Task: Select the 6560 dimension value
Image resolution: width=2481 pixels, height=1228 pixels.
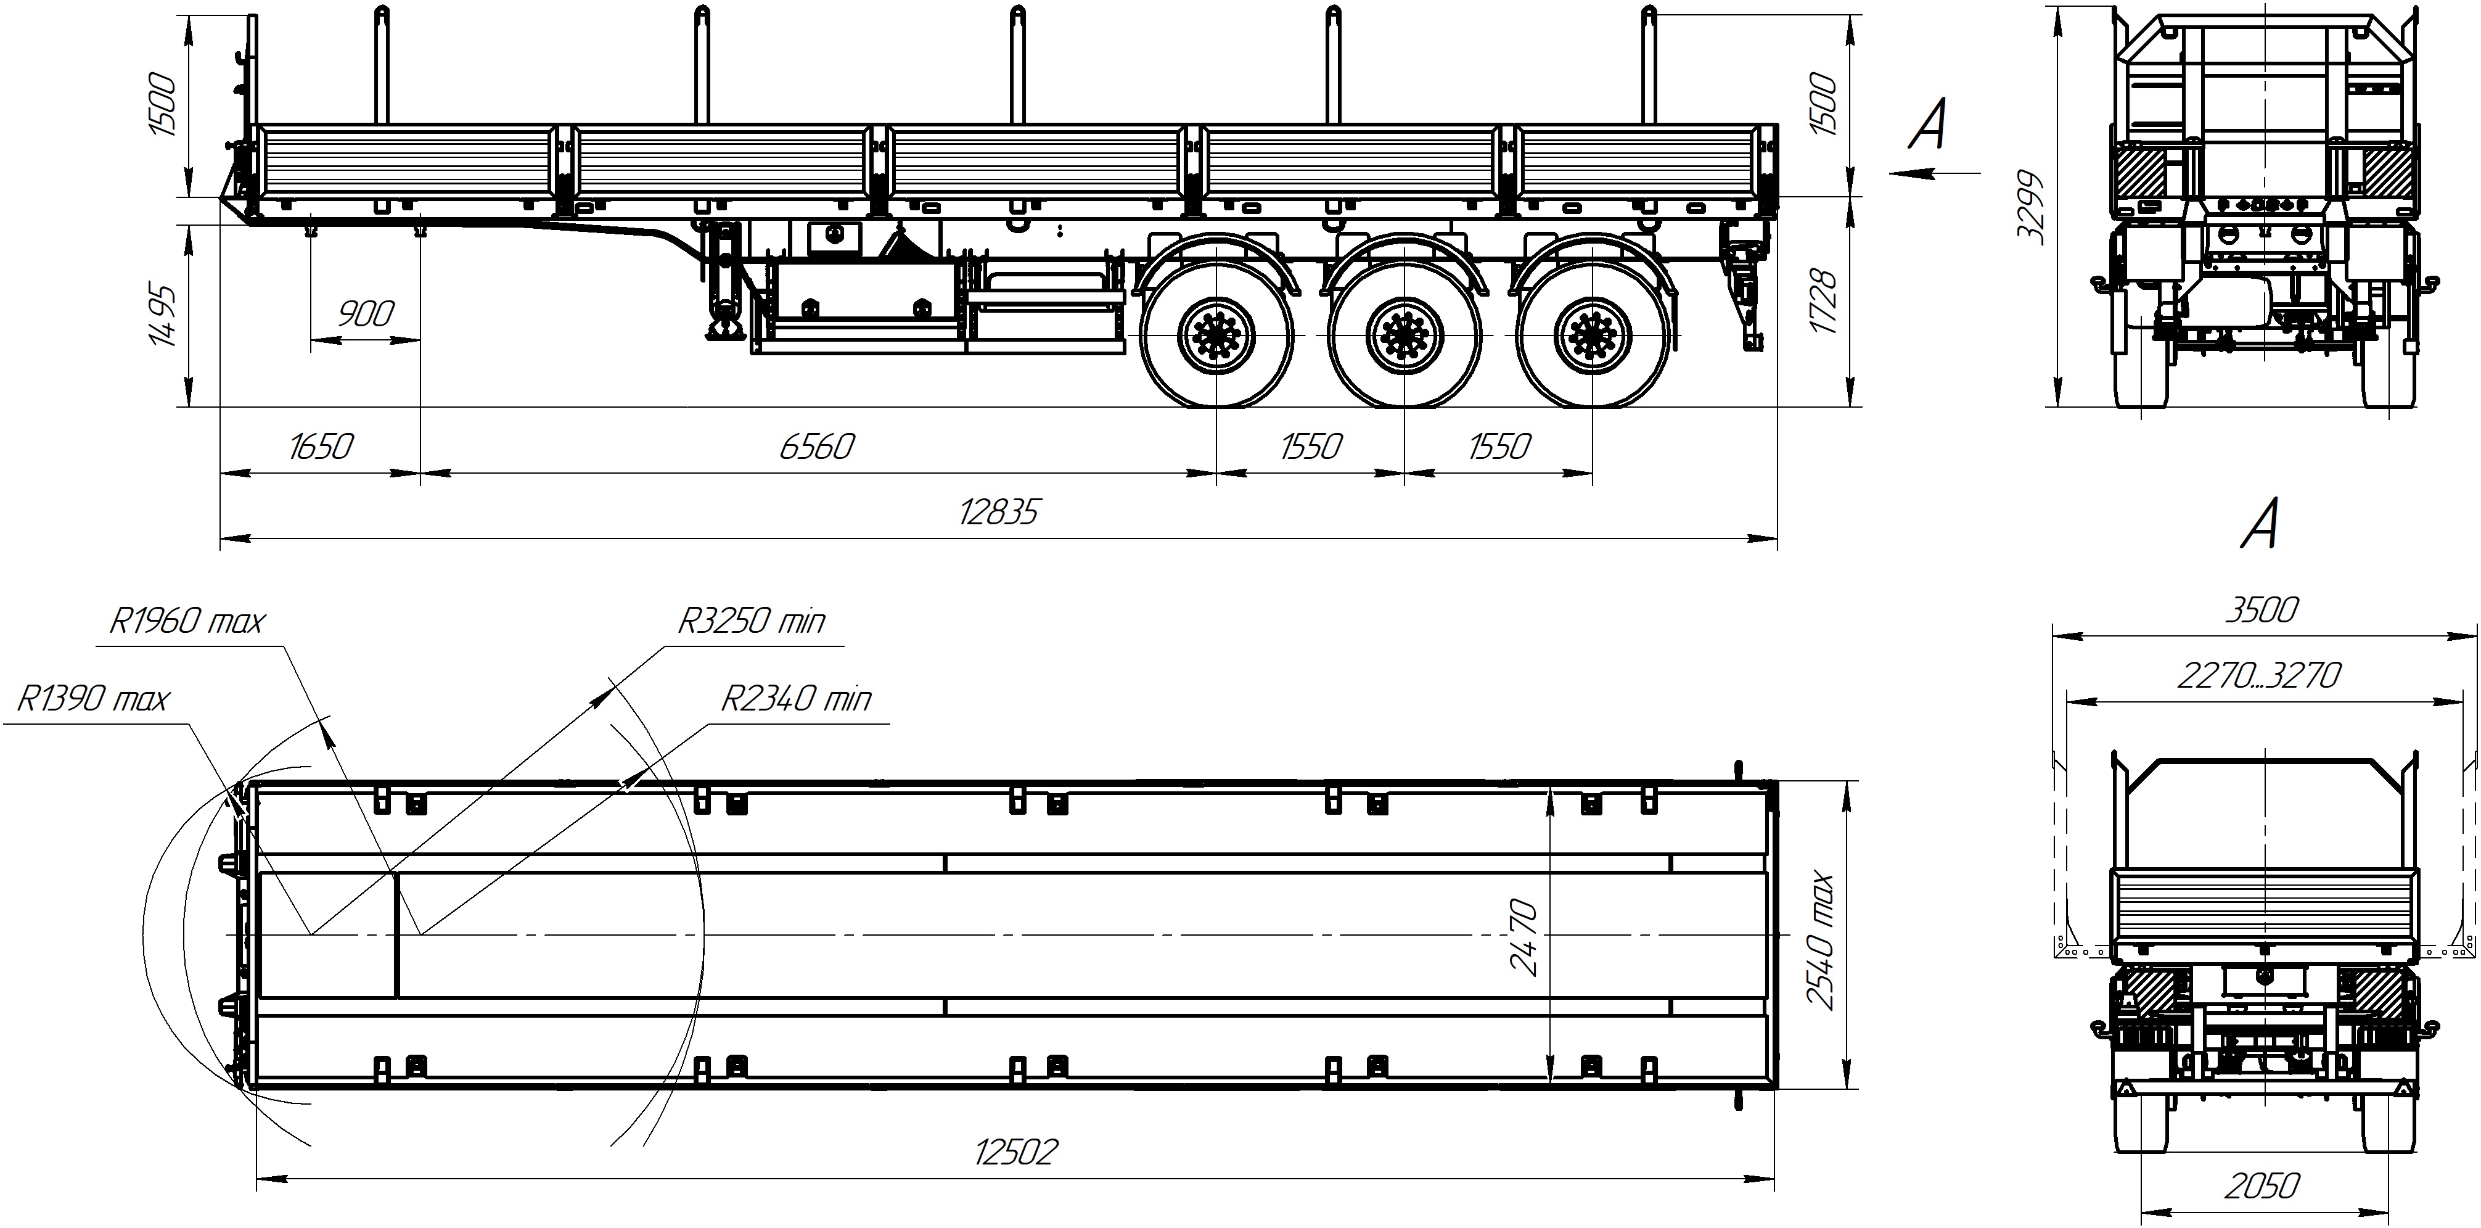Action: point(817,447)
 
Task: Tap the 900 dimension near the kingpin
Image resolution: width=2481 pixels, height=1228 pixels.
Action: point(366,314)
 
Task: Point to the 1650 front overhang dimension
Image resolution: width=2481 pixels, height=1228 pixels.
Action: point(321,447)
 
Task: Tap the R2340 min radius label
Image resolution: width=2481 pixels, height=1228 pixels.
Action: point(795,698)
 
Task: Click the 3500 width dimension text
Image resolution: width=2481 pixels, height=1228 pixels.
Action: point(2262,609)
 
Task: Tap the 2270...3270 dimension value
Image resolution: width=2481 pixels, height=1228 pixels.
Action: point(2258,676)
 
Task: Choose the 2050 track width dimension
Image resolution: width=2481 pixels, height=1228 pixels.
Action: point(2262,1185)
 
